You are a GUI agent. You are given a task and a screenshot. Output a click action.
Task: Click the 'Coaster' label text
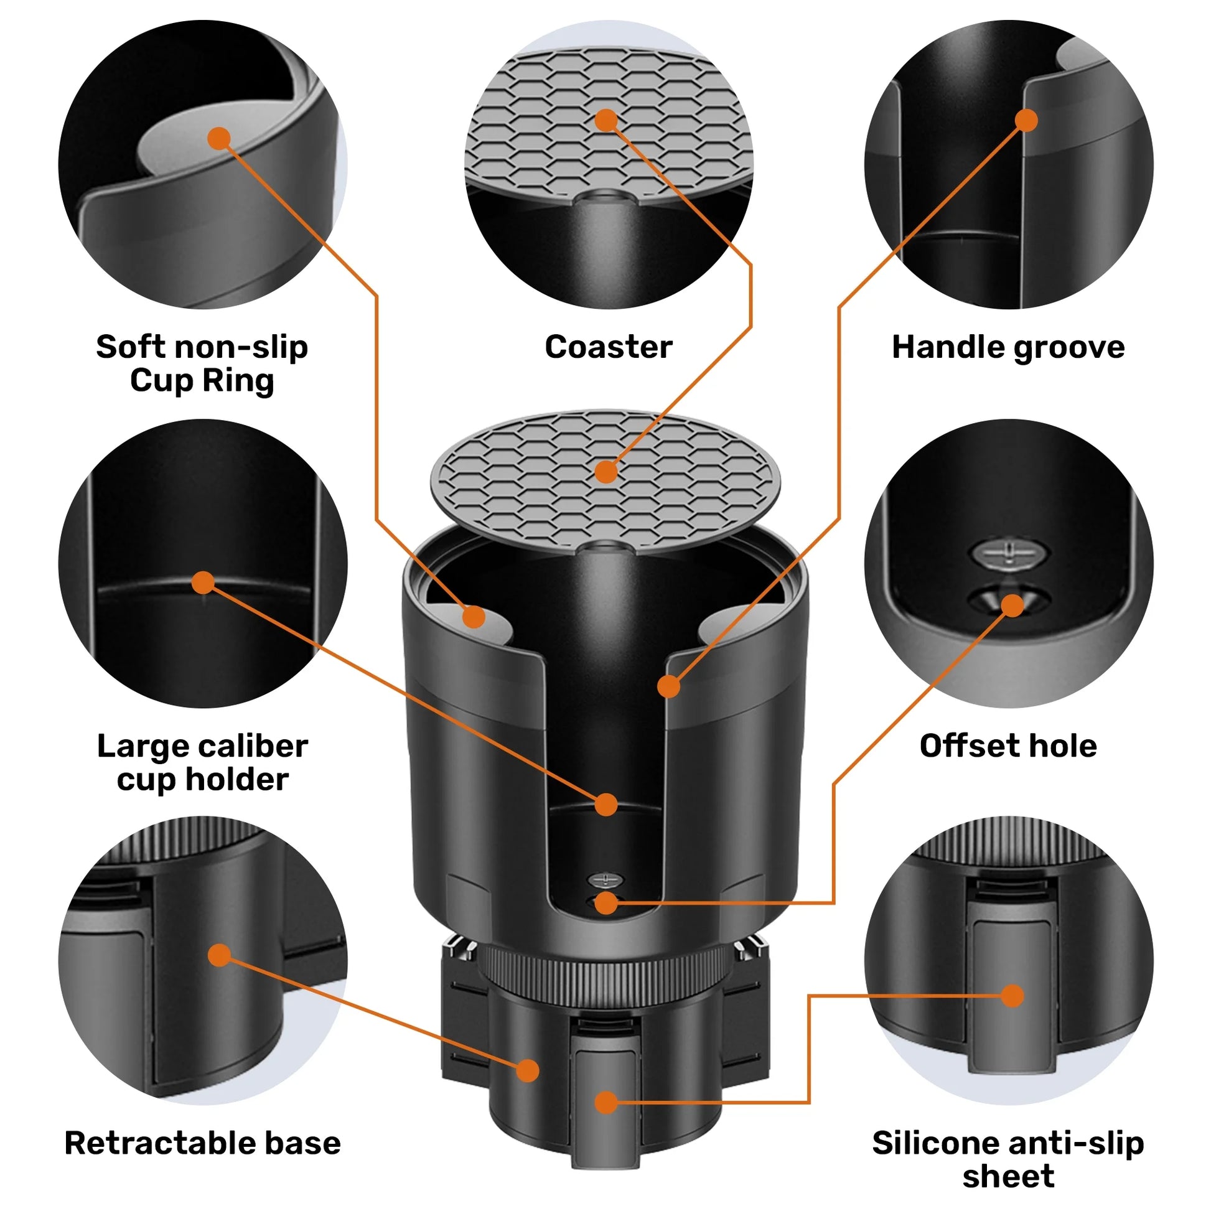(x=608, y=347)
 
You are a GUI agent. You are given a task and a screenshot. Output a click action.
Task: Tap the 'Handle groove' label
(x=1008, y=347)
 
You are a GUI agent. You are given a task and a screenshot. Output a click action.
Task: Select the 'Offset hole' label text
(x=1008, y=746)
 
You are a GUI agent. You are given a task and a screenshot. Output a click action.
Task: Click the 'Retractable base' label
(x=202, y=1143)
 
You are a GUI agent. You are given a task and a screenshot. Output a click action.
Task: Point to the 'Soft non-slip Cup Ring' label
(x=202, y=363)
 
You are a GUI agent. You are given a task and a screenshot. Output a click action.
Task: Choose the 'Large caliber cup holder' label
(x=202, y=762)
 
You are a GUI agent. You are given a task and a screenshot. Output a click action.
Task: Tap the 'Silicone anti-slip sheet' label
(x=1008, y=1159)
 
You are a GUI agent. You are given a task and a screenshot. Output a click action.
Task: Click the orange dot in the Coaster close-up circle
(x=606, y=119)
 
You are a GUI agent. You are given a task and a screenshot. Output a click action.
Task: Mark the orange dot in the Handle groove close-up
(x=1026, y=119)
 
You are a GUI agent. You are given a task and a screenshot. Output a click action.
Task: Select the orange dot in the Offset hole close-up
(x=1012, y=605)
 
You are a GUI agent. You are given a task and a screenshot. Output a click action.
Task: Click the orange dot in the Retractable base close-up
(x=220, y=955)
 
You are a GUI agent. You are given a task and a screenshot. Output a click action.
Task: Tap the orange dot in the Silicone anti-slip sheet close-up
(x=1012, y=996)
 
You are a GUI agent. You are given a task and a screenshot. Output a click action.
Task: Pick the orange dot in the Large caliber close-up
(x=202, y=582)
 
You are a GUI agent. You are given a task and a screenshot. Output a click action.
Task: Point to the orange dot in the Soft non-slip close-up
(x=219, y=138)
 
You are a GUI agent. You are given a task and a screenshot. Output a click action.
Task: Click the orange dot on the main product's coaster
(x=606, y=472)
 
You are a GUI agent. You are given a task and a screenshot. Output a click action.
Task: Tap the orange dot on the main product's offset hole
(x=606, y=903)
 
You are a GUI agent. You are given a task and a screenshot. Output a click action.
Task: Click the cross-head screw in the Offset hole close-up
(x=1009, y=553)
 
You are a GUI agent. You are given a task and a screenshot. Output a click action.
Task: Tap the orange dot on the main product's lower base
(x=528, y=1070)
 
